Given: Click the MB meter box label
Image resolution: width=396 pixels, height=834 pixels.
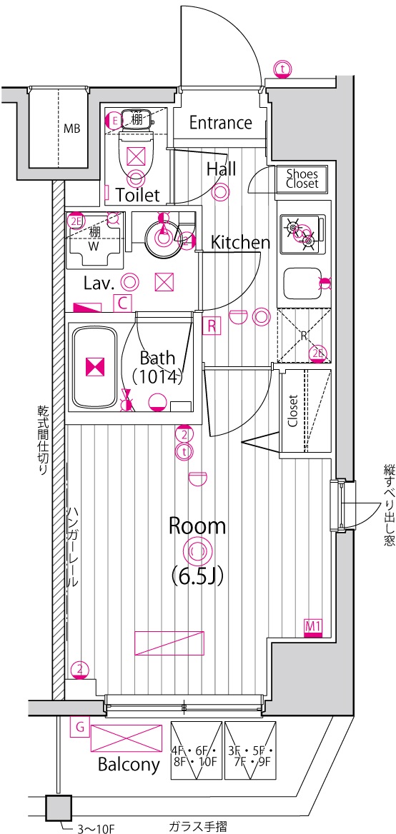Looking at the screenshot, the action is tap(72, 129).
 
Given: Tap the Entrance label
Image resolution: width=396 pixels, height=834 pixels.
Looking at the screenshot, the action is tap(221, 123).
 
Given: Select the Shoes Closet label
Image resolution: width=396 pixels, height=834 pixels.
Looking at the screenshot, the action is tap(302, 179).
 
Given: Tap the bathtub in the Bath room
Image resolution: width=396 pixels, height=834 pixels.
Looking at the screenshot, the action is tap(95, 368).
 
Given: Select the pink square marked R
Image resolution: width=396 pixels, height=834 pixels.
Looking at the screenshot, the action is tap(212, 325).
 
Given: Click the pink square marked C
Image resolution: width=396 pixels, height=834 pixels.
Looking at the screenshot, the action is tap(122, 303).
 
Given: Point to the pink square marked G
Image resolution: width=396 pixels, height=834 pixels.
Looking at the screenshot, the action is tap(79, 727).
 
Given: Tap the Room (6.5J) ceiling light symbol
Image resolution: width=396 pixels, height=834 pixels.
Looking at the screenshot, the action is tap(195, 553).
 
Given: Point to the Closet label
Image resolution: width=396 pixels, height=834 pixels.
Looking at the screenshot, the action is tap(293, 411).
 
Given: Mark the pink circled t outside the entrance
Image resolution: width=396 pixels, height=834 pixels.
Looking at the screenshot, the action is tap(282, 69).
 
